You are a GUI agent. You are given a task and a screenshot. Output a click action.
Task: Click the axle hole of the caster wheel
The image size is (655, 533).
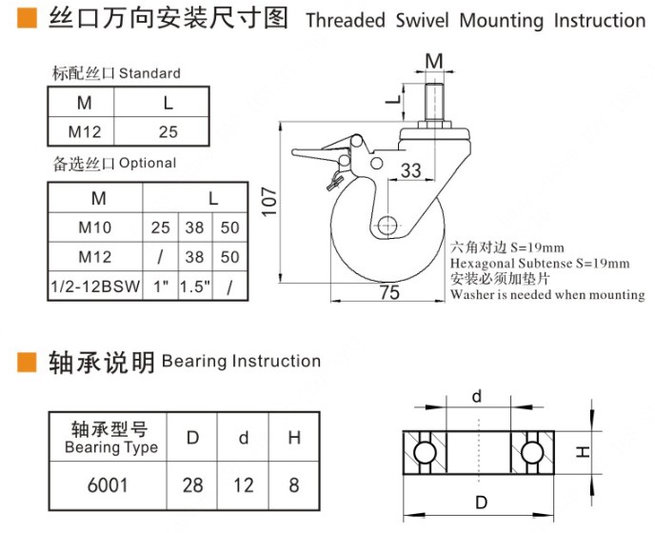pos(387,226)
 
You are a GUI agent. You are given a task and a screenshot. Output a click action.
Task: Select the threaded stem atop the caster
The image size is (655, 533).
pos(434,99)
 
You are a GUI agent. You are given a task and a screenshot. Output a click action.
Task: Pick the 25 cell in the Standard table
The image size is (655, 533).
pos(167,132)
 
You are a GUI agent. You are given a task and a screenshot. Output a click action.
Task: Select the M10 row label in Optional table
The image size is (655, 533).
pos(95,227)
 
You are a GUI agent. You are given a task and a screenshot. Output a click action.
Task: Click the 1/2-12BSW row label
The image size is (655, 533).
pos(95,285)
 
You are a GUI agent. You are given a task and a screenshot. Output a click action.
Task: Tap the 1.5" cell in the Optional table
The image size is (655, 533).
pos(195,285)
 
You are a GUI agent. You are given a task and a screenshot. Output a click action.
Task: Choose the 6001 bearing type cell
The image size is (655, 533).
pos(108,484)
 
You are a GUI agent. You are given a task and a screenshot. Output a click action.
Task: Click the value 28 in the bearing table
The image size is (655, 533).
pos(192,484)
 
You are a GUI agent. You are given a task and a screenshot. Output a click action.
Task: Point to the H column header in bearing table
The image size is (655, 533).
pos(294,438)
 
